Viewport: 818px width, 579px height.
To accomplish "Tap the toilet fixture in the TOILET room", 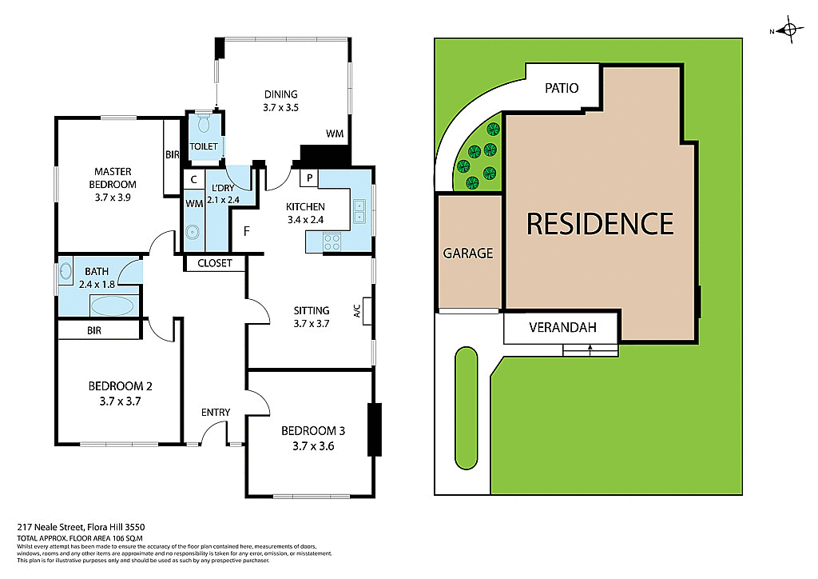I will pos(203,124).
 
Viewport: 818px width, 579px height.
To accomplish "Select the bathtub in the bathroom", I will pos(112,305).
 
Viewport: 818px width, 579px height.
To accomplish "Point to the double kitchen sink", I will pos(359,211).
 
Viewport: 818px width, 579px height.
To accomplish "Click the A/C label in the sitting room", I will pos(357,310).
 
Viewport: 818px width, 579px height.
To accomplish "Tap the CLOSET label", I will pos(214,263).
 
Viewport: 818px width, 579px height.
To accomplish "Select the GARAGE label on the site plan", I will pos(468,254).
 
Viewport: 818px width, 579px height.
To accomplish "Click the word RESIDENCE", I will pos(600,224).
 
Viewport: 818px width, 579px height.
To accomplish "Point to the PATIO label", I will pos(562,88).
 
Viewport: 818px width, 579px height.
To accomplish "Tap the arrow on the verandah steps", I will pos(590,348).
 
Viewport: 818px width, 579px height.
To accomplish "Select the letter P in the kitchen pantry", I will pos(309,178).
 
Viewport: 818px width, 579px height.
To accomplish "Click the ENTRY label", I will pos(216,413).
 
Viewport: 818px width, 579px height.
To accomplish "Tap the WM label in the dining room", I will pos(335,134).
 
